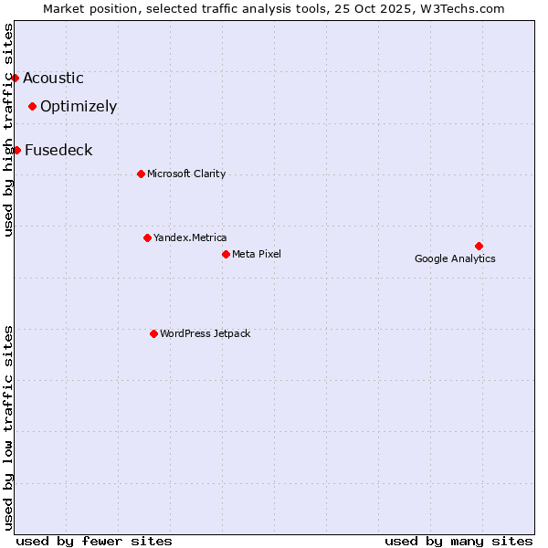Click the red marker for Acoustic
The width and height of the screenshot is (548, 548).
click(x=15, y=78)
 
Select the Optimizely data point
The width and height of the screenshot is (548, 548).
click(x=32, y=106)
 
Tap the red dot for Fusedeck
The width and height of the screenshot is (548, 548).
click(x=16, y=150)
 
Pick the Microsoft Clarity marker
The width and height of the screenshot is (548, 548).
click(x=141, y=174)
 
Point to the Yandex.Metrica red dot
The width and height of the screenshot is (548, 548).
click(x=147, y=237)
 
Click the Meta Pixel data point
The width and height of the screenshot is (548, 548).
click(x=226, y=254)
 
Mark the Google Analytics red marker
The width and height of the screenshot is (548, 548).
click(x=479, y=246)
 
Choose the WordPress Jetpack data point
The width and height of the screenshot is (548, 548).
click(x=153, y=333)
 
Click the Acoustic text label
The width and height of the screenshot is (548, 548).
click(x=53, y=79)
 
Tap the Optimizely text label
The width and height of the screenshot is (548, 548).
click(x=79, y=107)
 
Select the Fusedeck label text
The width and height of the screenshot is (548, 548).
click(x=58, y=151)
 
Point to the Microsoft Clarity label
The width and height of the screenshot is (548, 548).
click(x=186, y=174)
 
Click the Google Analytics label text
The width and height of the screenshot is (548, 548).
click(x=455, y=258)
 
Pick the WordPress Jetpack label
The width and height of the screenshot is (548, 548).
click(x=205, y=334)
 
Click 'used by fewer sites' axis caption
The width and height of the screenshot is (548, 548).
click(x=94, y=541)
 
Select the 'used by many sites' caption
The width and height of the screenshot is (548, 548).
click(x=458, y=541)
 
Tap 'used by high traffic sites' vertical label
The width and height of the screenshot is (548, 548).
click(x=9, y=130)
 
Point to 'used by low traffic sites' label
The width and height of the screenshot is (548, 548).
click(x=9, y=427)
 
